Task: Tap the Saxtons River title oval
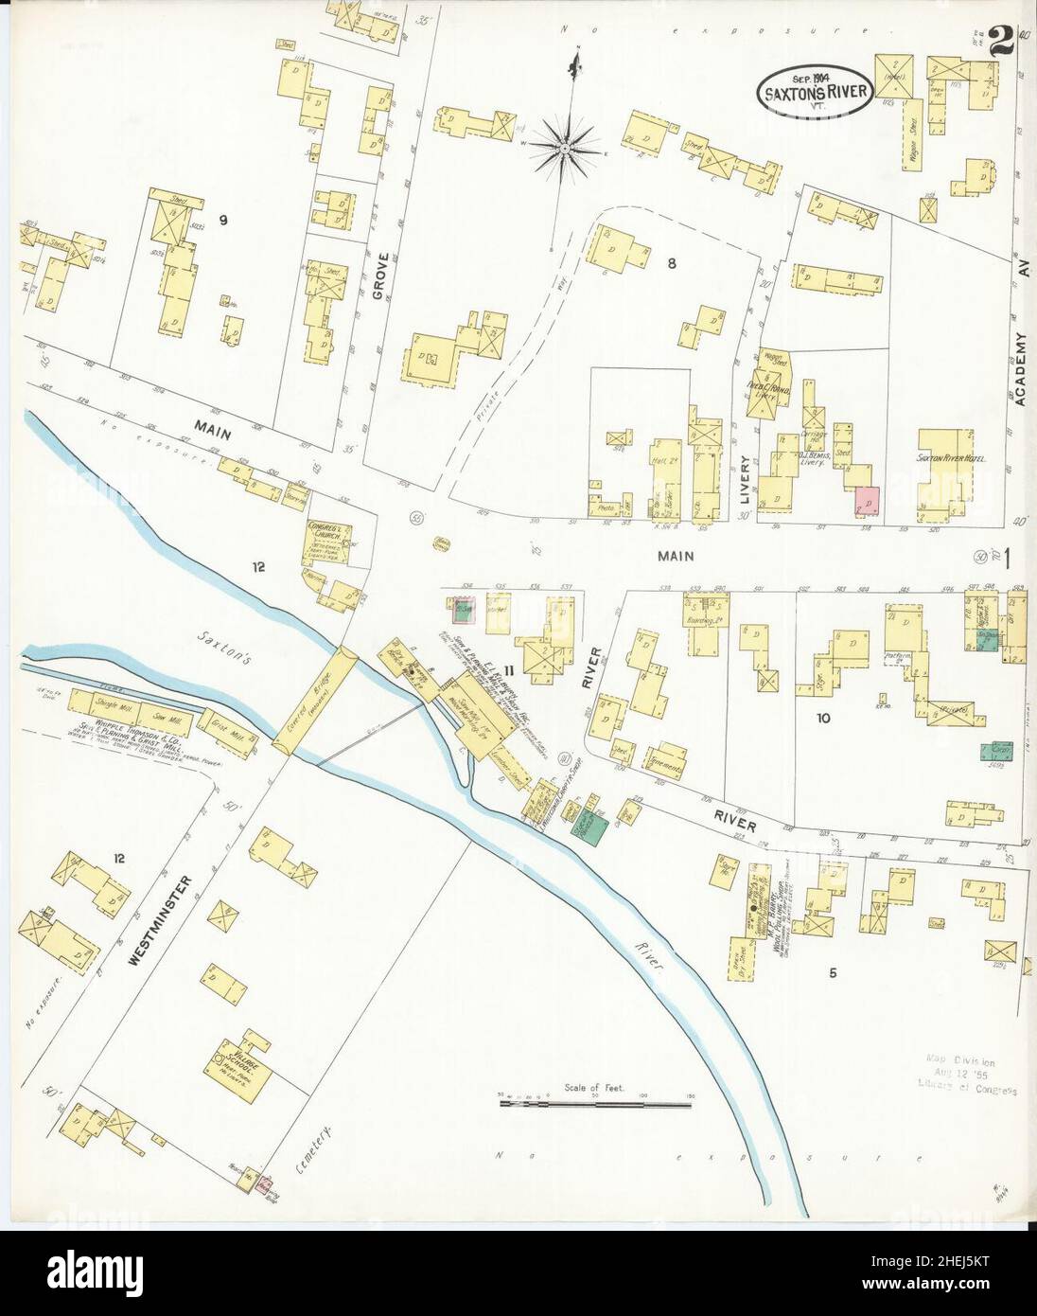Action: pos(814,89)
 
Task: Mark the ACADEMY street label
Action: pos(1021,369)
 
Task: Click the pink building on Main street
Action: pos(867,501)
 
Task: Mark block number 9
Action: pos(223,221)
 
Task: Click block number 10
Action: pos(822,719)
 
